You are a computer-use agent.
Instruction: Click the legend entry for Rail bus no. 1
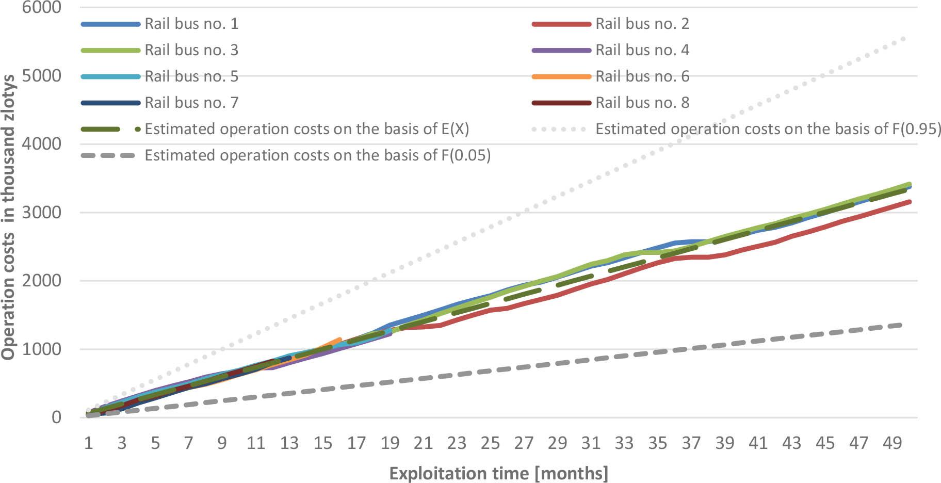191,24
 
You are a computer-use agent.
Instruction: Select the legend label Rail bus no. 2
642,24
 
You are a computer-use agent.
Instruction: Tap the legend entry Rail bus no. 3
191,50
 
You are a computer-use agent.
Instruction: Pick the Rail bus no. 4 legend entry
642,50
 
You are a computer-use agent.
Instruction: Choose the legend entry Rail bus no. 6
642,76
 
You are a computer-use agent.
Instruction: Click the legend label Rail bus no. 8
642,103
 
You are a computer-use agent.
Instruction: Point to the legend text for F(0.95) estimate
768,129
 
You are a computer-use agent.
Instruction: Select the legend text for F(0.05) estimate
317,155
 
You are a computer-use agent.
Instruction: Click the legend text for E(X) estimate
306,129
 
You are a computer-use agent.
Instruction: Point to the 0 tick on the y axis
55,417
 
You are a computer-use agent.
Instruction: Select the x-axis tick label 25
490,443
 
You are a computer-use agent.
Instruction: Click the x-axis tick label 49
892,443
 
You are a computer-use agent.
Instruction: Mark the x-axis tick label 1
88,443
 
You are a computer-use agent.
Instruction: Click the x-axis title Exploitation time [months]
498,473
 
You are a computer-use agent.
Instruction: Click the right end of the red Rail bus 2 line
910,202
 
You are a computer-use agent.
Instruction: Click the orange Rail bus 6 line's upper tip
339,339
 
